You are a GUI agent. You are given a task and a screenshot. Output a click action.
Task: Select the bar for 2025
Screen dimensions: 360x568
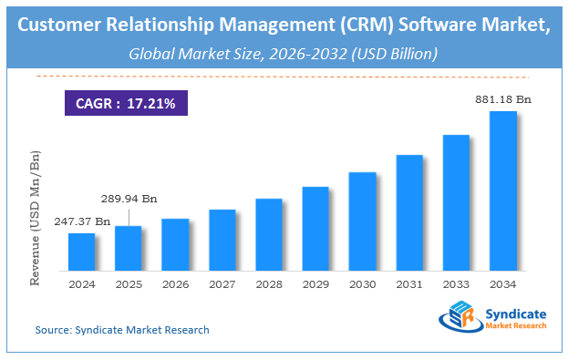click(x=129, y=248)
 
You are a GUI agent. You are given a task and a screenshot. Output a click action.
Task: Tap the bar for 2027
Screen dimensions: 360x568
click(x=222, y=240)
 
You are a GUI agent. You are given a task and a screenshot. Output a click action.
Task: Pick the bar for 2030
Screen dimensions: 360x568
click(x=362, y=221)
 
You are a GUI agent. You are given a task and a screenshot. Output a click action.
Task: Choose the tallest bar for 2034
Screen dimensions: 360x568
click(x=503, y=190)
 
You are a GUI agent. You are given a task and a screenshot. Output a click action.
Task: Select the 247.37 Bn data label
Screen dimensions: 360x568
click(x=83, y=221)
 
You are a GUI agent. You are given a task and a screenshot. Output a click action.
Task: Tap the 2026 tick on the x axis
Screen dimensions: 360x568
click(x=175, y=283)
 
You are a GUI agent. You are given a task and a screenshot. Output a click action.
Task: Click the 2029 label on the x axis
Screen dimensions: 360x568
click(x=315, y=283)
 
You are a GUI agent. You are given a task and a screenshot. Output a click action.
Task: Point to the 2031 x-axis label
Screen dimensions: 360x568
click(x=409, y=283)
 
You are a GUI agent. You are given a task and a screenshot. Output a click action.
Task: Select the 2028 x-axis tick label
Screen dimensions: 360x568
click(x=268, y=283)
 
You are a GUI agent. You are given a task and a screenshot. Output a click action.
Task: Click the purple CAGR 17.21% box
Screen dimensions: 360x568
click(x=125, y=101)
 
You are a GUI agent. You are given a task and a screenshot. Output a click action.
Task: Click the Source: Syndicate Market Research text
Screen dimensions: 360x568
click(x=122, y=330)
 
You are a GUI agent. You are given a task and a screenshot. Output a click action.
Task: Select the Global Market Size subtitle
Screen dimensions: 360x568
click(x=284, y=54)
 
